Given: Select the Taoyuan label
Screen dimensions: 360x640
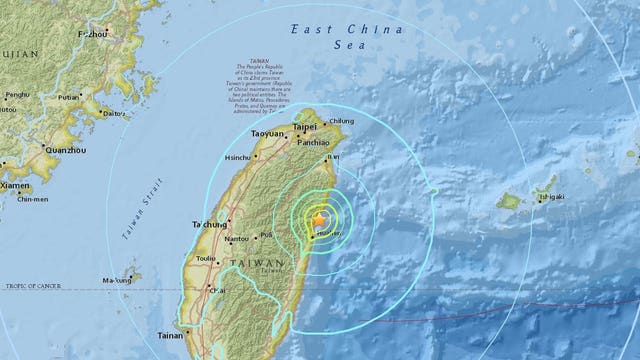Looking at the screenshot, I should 268,133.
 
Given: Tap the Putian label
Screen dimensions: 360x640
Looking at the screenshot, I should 68,98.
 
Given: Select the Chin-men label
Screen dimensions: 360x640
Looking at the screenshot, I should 37,199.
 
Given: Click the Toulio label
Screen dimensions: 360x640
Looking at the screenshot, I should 206,259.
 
